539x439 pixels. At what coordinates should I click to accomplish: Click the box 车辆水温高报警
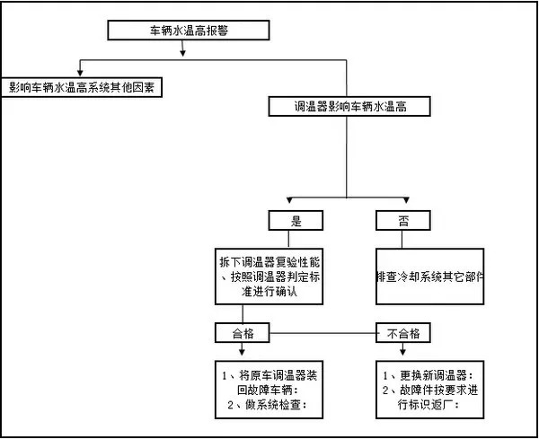click(189, 30)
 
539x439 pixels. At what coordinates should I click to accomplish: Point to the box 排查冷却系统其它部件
click(429, 277)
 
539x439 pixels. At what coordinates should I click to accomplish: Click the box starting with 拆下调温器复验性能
click(270, 277)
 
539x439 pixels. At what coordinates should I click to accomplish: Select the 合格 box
click(242, 332)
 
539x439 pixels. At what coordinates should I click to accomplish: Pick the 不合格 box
click(402, 332)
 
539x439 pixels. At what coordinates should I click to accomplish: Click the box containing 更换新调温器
click(429, 389)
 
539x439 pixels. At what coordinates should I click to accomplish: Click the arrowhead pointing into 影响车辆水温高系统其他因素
click(82, 75)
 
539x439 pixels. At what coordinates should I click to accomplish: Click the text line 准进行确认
click(270, 293)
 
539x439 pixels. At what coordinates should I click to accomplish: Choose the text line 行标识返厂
click(429, 405)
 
